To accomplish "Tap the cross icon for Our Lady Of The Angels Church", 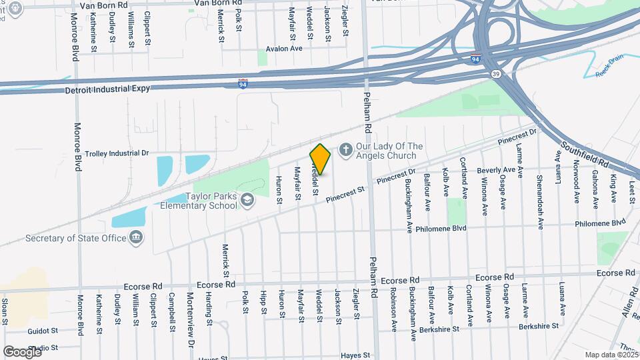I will (345, 150).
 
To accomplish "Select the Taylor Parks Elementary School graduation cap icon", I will (248, 200).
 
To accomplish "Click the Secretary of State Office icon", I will (136, 238).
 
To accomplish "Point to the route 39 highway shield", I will (494, 73).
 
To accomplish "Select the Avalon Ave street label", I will (284, 49).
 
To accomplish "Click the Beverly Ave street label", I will (496, 169).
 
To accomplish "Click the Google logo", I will (22, 351).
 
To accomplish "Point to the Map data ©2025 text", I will (610, 355).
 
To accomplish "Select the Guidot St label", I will (44, 331).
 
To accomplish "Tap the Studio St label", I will (43, 347).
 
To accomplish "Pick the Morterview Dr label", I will (189, 309).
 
